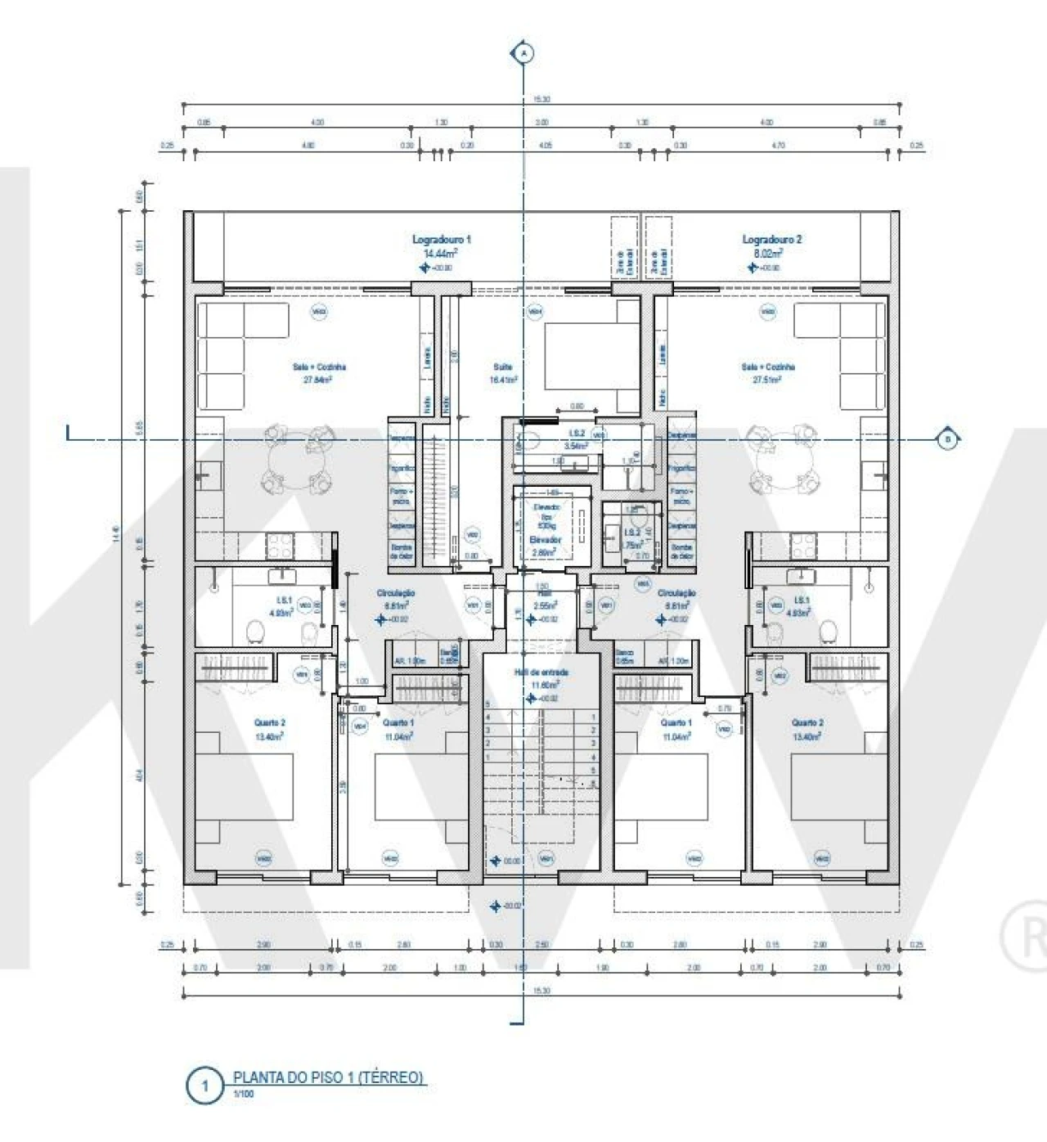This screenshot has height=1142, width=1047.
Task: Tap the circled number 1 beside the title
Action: coord(204,1086)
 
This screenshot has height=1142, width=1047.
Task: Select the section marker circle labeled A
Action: coord(523,53)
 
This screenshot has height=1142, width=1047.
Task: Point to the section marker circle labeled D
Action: coord(948,439)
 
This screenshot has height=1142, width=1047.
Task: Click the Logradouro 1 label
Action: coord(441,240)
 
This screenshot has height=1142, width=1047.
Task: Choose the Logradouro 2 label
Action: coord(771,240)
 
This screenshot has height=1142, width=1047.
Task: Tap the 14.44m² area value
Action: coord(440,254)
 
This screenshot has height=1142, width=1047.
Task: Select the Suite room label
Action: coord(502,367)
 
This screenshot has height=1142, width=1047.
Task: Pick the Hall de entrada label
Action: coord(541,672)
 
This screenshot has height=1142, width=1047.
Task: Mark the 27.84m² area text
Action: coord(318,380)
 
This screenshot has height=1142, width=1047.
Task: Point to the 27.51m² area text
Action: coord(767,380)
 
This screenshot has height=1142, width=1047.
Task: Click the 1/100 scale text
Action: coord(244,1094)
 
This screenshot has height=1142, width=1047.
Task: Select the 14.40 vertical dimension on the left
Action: coord(116,533)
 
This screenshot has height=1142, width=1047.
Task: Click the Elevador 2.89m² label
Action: coord(544,546)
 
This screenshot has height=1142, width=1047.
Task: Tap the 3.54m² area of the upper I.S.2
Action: coord(576,446)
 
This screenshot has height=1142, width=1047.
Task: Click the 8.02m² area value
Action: coord(766,254)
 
